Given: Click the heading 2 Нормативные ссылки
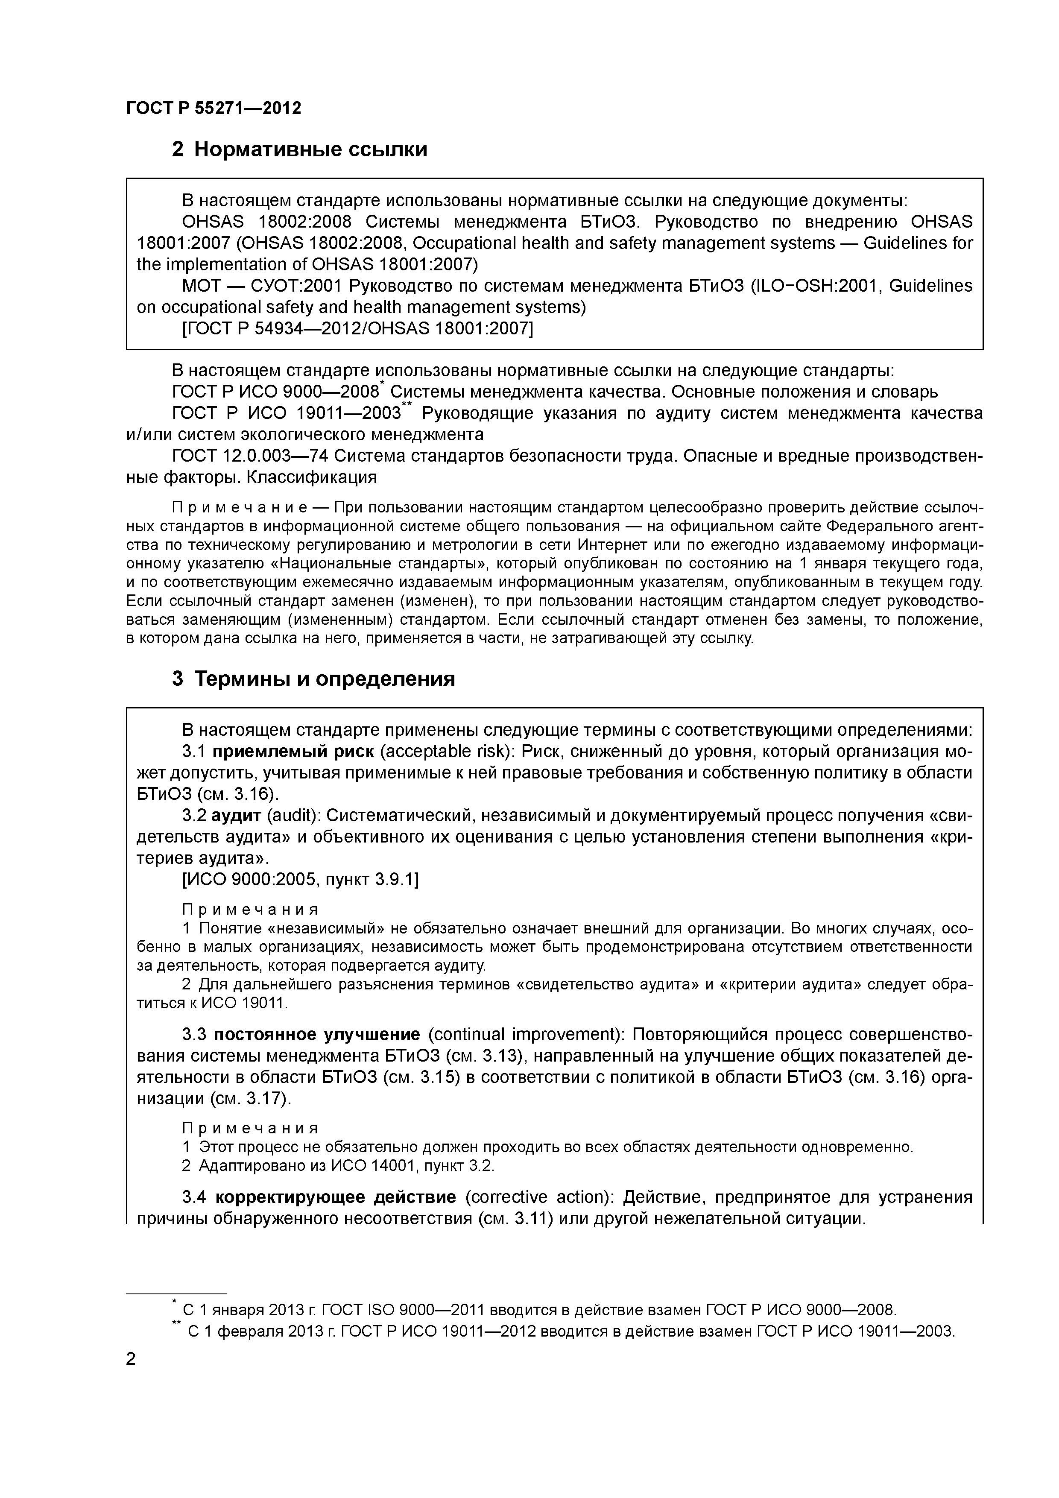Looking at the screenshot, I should pyautogui.click(x=299, y=149).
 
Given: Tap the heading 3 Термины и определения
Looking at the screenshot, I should pyautogui.click(x=313, y=679).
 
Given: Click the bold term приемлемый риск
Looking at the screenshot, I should pyautogui.click(x=293, y=752).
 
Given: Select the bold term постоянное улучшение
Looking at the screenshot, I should pyautogui.click(x=316, y=1035).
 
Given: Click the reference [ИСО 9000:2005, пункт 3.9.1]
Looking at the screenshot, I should pyautogui.click(x=300, y=880).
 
